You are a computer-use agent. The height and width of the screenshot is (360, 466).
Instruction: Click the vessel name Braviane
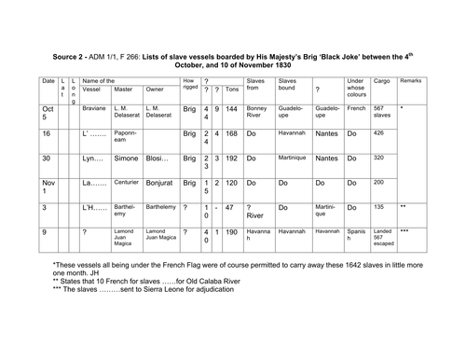(95, 109)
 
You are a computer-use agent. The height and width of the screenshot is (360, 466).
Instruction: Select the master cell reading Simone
(128, 158)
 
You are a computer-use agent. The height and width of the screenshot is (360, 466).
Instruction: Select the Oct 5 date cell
(48, 113)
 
